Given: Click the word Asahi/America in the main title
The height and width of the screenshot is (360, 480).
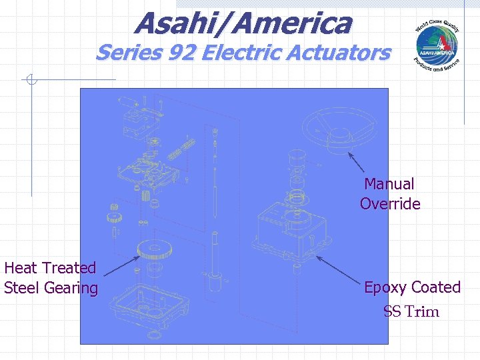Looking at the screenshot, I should pyautogui.click(x=243, y=23).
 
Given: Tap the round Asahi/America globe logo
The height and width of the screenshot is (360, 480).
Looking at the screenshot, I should pyautogui.click(x=437, y=45).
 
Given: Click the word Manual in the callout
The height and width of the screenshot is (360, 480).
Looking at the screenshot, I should pyautogui.click(x=390, y=184).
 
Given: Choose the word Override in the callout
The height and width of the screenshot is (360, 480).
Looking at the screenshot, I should pyautogui.click(x=390, y=204).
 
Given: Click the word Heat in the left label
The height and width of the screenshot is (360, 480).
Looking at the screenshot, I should pyautogui.click(x=21, y=268).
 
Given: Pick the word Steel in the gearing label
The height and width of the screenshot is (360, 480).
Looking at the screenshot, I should pyautogui.click(x=21, y=288).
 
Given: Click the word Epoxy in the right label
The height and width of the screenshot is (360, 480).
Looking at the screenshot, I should pyautogui.click(x=385, y=287).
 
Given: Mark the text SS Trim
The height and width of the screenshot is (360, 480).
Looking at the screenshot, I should pyautogui.click(x=411, y=312).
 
